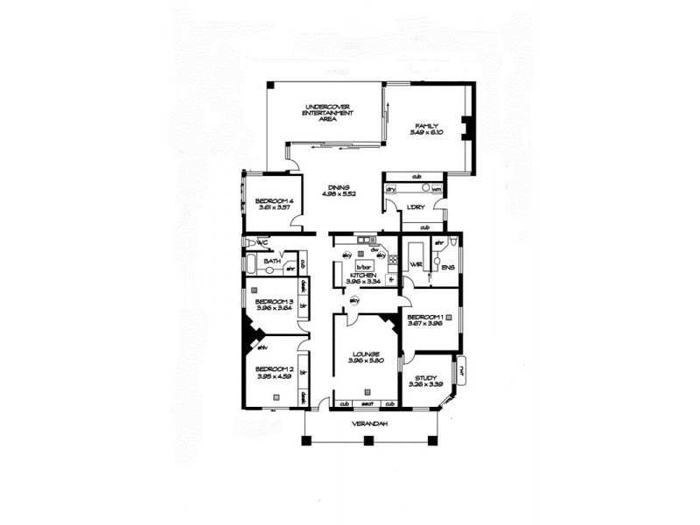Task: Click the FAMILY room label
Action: (427, 125)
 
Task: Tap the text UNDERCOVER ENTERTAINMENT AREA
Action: (328, 113)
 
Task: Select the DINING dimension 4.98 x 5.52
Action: (339, 194)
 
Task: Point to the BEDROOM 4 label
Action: (272, 200)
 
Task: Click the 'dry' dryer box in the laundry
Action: (392, 189)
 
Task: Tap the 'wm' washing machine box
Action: (435, 189)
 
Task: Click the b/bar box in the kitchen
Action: (365, 266)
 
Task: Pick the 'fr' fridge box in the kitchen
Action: (391, 281)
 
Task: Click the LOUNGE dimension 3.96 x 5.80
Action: (362, 361)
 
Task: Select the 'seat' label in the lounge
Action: (367, 403)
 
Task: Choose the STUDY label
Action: (426, 377)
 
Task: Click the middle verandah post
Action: (368, 438)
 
